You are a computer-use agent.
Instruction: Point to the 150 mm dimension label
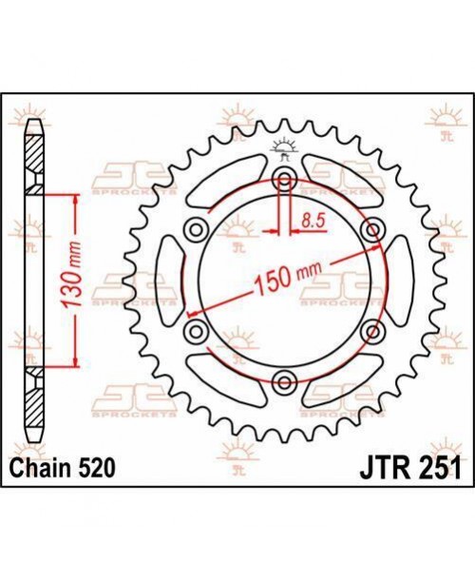288,277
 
